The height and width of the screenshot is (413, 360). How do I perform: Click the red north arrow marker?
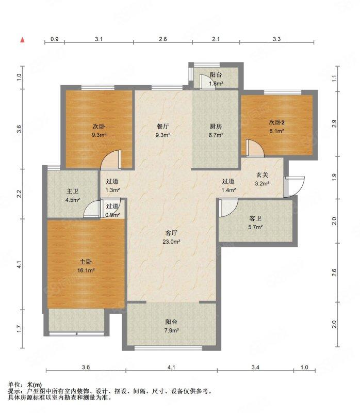[x=23, y=40]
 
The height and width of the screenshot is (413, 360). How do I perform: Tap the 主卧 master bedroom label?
[x=86, y=262]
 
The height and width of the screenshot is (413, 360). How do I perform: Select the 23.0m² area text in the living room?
[x=171, y=242]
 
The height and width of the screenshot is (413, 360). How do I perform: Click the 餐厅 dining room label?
[x=162, y=126]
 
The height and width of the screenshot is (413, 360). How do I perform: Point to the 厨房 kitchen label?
[x=216, y=126]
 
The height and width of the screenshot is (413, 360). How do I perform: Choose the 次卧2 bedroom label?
[x=276, y=122]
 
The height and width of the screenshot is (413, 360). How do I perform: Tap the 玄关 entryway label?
[x=262, y=175]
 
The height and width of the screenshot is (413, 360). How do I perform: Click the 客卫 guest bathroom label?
[x=255, y=218]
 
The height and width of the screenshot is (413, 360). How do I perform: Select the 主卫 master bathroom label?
[x=72, y=191]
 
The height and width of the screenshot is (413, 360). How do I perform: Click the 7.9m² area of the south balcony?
[x=172, y=330]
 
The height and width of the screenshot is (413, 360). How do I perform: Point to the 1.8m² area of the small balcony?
[x=216, y=84]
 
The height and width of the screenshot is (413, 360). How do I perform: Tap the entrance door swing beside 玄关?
[x=294, y=186]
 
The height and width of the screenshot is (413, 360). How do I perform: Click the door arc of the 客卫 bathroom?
[x=228, y=208]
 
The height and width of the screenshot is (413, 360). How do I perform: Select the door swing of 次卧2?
[x=255, y=148]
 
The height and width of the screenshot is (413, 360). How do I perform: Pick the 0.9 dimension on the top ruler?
[x=55, y=39]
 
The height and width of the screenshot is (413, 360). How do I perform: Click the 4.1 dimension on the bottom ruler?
[x=171, y=367]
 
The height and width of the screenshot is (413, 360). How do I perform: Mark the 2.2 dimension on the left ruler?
[x=19, y=194]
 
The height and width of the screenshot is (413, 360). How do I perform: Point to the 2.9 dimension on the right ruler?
[x=334, y=124]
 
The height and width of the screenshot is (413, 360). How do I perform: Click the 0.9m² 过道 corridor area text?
[x=112, y=215]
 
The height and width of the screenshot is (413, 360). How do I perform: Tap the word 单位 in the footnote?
[x=14, y=385]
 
